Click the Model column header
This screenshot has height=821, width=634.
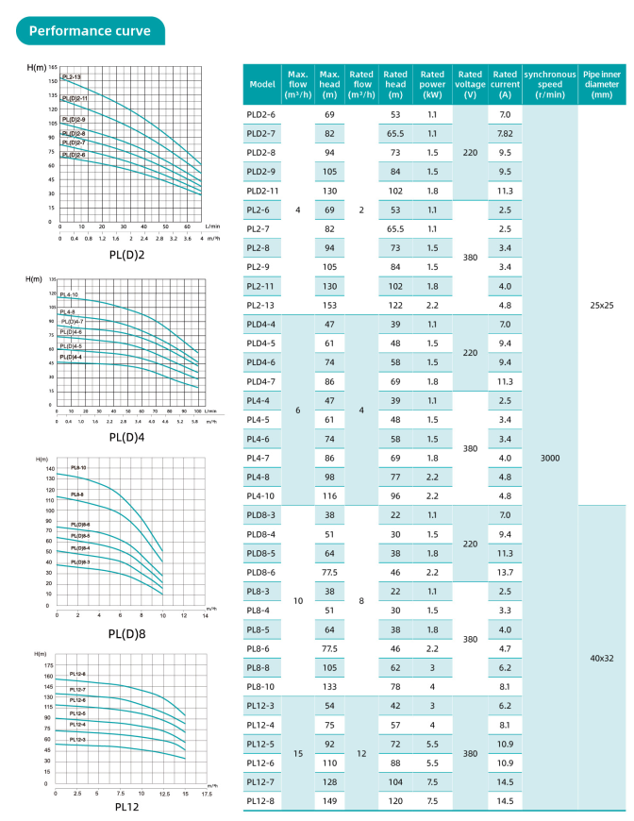(261, 84)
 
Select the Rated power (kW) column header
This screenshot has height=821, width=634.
(432, 84)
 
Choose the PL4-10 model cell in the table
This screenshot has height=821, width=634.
(261, 495)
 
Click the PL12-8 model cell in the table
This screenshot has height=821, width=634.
(261, 800)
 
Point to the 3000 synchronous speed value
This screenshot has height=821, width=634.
(550, 458)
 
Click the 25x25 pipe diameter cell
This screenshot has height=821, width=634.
(602, 305)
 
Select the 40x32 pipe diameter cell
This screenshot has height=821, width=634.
(602, 657)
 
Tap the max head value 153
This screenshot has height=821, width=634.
(329, 305)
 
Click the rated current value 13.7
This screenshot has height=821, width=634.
(505, 572)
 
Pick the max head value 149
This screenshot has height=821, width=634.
(329, 800)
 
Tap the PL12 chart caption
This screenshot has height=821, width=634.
(127, 806)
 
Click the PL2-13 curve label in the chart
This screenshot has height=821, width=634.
(72, 76)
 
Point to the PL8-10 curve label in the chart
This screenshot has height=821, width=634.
(77, 467)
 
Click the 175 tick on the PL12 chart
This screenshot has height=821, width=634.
(47, 666)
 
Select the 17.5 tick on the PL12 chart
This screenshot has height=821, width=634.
(206, 794)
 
